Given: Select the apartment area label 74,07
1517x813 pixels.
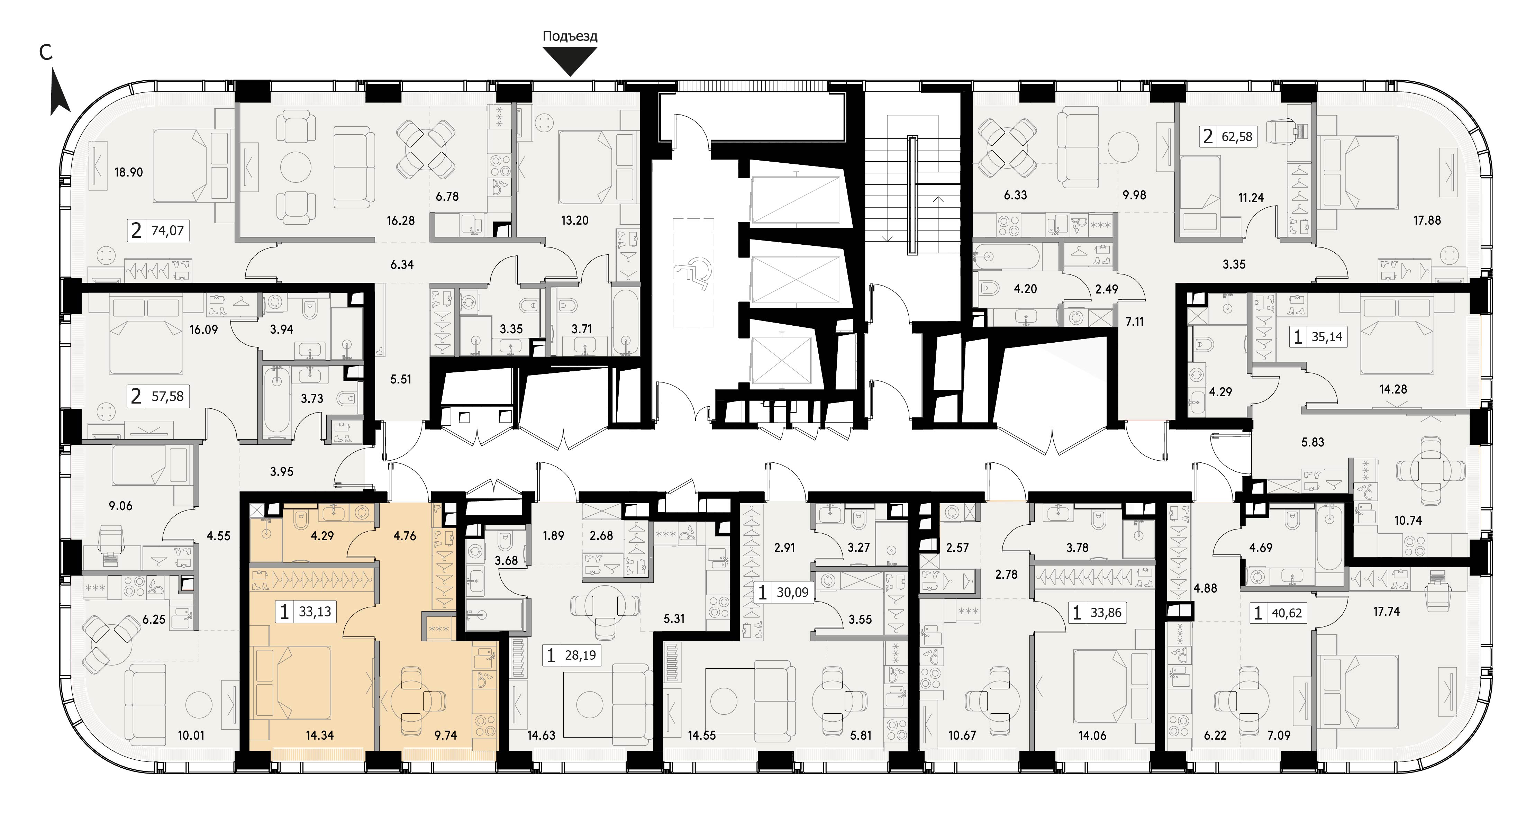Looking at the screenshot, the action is (168, 231).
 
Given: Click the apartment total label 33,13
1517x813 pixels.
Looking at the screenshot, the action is (315, 612).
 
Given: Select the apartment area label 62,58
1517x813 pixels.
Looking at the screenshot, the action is (1237, 137).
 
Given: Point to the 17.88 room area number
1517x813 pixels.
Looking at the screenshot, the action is (1427, 220).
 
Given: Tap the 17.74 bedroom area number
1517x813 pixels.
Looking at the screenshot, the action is (1386, 612).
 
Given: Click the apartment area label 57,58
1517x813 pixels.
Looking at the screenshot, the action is (168, 397).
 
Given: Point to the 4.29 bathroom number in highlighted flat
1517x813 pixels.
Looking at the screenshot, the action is (322, 536).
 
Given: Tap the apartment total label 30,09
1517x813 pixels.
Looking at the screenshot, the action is (792, 592).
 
